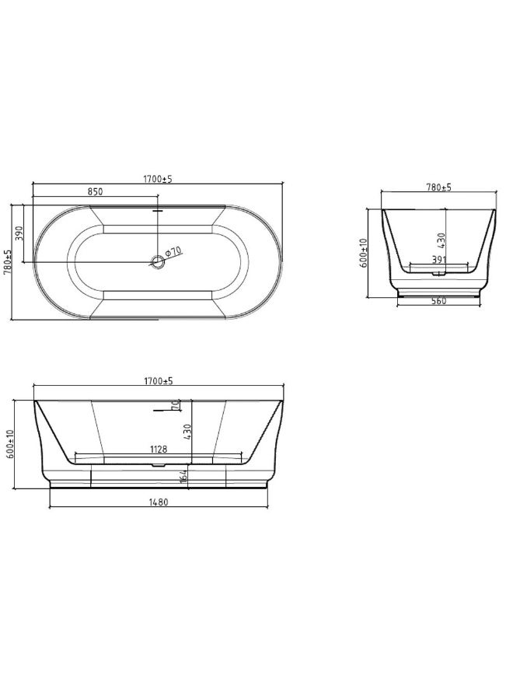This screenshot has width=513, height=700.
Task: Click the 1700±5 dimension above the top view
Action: pyautogui.click(x=157, y=179)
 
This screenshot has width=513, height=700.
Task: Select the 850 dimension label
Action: pyautogui.click(x=95, y=191)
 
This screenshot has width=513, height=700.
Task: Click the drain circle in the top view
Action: pyautogui.click(x=158, y=261)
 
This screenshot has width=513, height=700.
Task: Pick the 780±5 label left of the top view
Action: pyautogui.click(x=8, y=261)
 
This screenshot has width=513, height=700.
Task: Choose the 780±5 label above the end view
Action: pyautogui.click(x=439, y=187)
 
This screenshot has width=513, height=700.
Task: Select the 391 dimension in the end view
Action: pyautogui.click(x=439, y=261)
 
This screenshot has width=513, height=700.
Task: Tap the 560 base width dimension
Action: pyautogui.click(x=439, y=302)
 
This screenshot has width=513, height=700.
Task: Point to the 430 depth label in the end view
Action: pyautogui.click(x=441, y=241)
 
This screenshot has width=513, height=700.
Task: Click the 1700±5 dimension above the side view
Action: pyautogui.click(x=157, y=381)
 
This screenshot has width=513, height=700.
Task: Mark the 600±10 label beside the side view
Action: pyautogui.click(x=10, y=444)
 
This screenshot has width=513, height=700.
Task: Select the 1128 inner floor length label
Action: pyautogui.click(x=161, y=449)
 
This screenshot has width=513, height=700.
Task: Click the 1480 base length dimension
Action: pyautogui.click(x=159, y=502)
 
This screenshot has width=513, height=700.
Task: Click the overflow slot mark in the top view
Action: pyautogui.click(x=158, y=209)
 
